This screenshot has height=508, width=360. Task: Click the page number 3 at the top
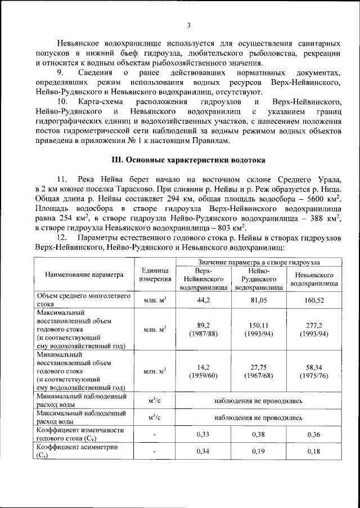189,25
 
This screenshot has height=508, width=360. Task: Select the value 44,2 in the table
203,301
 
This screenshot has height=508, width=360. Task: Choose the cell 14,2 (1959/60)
203,372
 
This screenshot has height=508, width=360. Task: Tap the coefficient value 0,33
203,434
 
